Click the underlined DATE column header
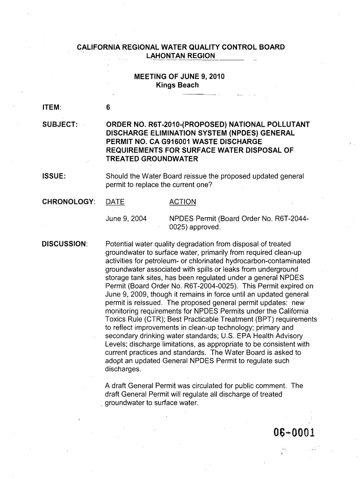(x=115, y=202)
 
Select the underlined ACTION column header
(x=182, y=202)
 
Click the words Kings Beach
(x=177, y=85)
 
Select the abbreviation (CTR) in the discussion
(x=155, y=320)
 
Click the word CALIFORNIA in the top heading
(x=100, y=48)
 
